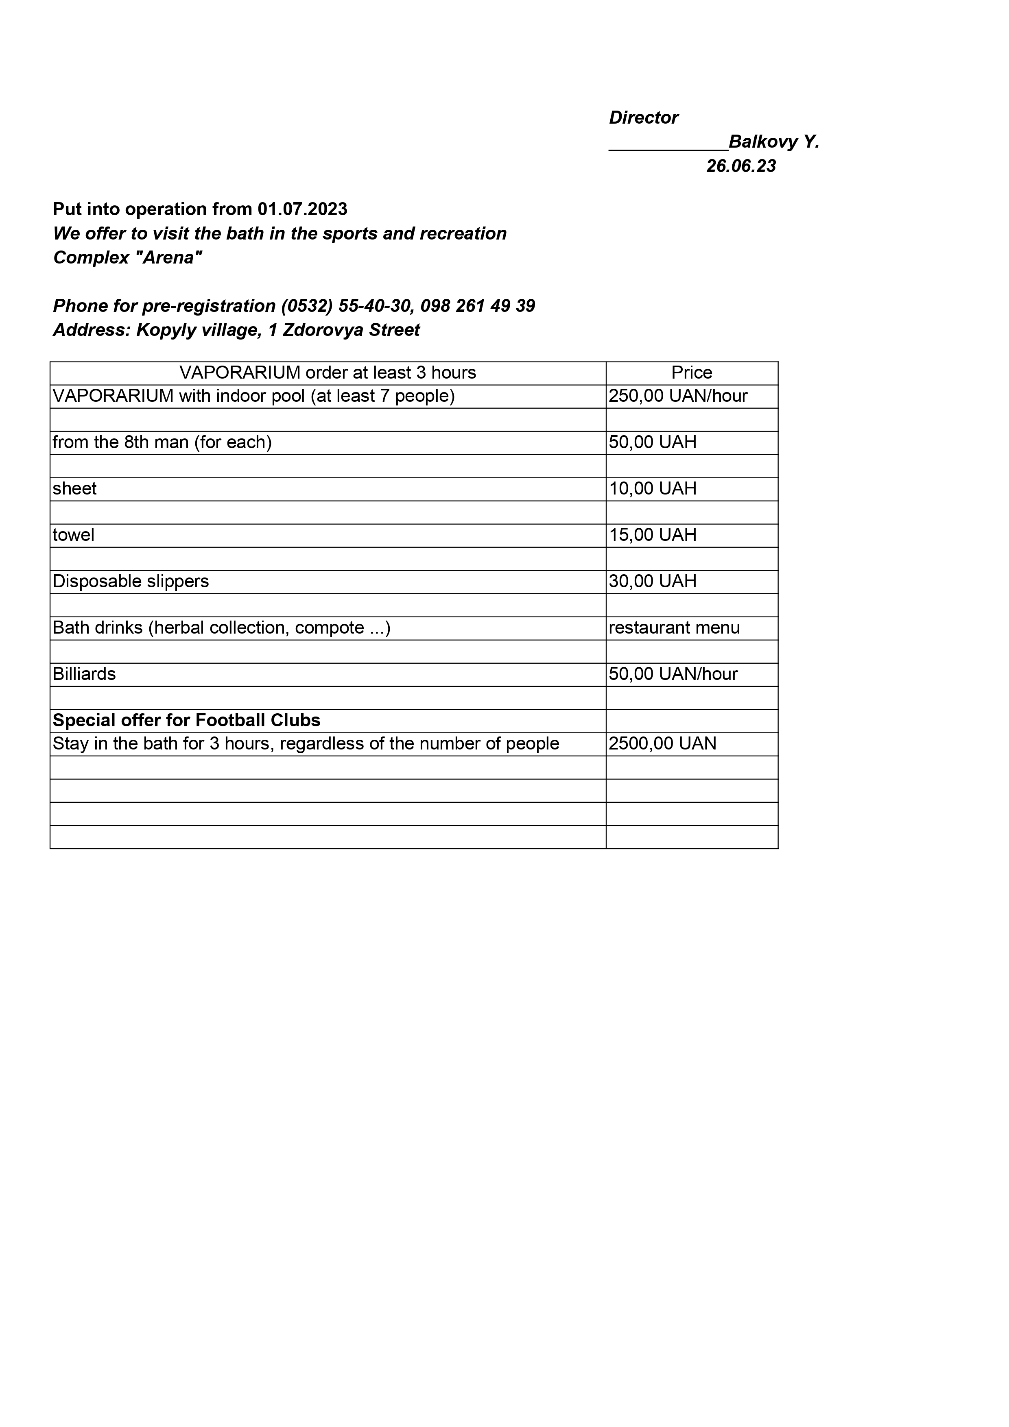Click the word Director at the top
click(x=644, y=118)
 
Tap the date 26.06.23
click(x=741, y=166)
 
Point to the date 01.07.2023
click(x=303, y=209)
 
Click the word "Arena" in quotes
click(x=168, y=257)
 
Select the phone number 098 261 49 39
click(x=478, y=306)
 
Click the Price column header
click(x=691, y=373)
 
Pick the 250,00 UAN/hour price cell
click(x=678, y=396)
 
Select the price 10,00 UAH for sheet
click(x=653, y=488)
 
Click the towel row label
click(x=73, y=535)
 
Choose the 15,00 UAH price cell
click(x=653, y=535)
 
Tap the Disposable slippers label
click(x=131, y=581)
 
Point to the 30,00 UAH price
click(x=653, y=581)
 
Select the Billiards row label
click(x=84, y=674)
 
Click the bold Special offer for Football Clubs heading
click(x=186, y=720)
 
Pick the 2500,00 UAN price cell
click(x=663, y=743)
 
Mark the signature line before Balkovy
click(x=668, y=148)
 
